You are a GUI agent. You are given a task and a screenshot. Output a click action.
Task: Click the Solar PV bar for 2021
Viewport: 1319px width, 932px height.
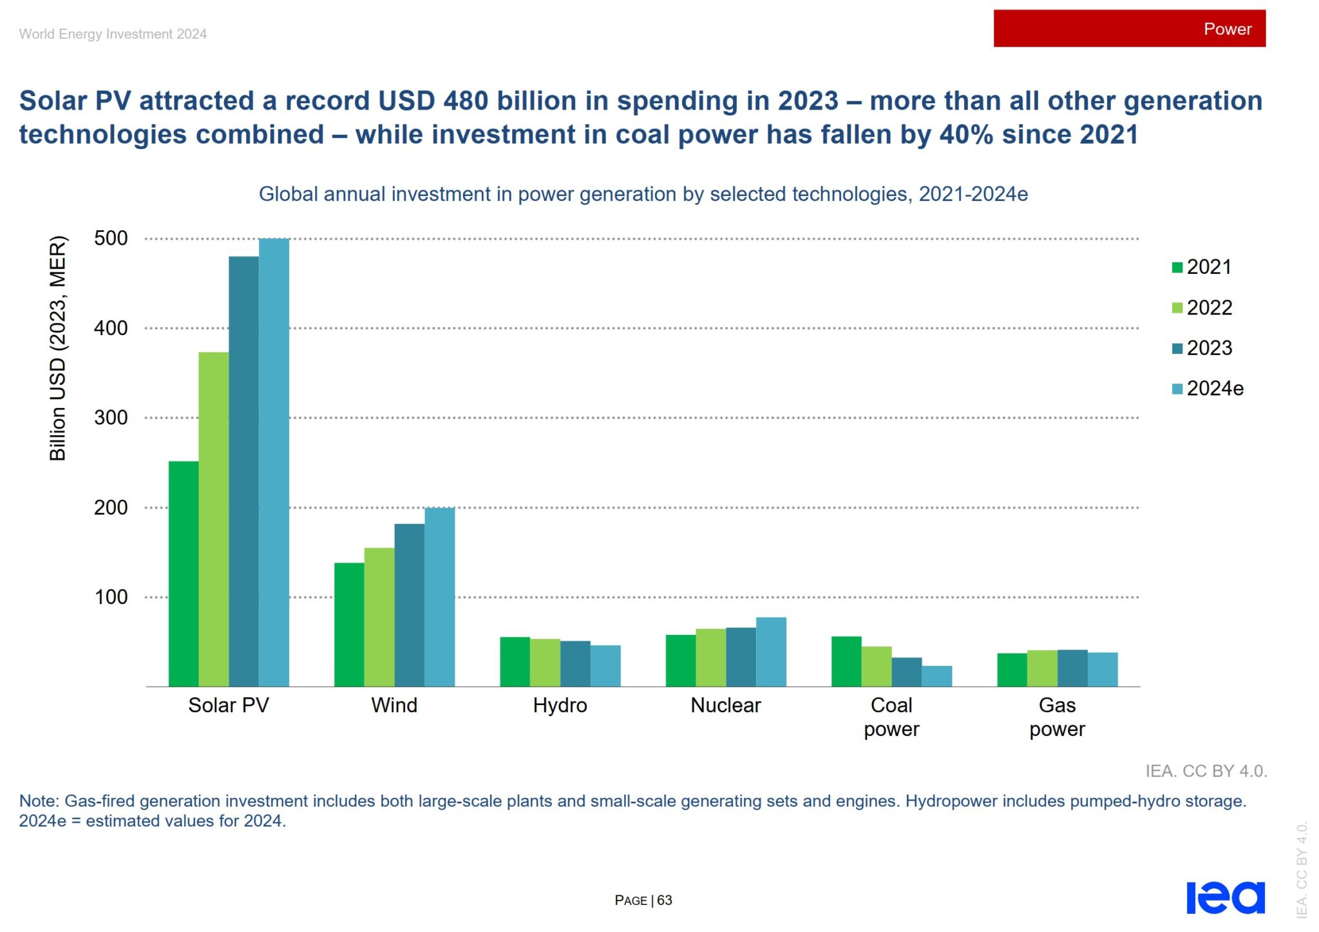pyautogui.click(x=184, y=574)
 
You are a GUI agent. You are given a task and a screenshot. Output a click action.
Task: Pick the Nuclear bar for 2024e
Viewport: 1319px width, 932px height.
pyautogui.click(x=771, y=652)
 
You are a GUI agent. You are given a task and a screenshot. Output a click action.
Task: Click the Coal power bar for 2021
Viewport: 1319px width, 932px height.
pyautogui.click(x=846, y=661)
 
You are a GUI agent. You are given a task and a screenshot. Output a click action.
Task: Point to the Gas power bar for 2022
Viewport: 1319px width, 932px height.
pyautogui.click(x=1042, y=668)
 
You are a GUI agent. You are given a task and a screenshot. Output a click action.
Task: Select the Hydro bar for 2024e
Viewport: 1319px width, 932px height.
pyautogui.click(x=605, y=666)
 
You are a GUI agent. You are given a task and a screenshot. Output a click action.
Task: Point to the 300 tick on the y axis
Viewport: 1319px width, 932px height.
pyautogui.click(x=111, y=418)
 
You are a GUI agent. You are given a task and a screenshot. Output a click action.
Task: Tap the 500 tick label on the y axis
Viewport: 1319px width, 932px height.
pyautogui.click(x=111, y=238)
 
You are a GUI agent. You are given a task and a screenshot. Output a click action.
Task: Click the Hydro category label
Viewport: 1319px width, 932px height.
pyautogui.click(x=560, y=705)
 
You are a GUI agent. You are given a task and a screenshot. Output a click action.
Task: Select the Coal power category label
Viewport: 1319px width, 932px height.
pyautogui.click(x=891, y=717)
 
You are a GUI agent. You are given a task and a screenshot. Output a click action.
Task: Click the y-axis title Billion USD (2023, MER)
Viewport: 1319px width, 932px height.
pyautogui.click(x=58, y=348)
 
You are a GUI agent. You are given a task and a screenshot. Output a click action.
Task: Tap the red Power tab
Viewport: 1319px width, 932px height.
pyautogui.click(x=1129, y=28)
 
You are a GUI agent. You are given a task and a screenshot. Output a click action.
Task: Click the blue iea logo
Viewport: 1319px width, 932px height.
pyautogui.click(x=1225, y=897)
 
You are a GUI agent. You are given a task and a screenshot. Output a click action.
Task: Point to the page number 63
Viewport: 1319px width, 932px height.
pyautogui.click(x=664, y=900)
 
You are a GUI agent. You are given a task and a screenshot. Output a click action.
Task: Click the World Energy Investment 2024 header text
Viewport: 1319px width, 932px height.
pyautogui.click(x=113, y=34)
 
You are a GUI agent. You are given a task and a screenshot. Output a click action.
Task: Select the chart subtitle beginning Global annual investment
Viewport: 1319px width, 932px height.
pyautogui.click(x=643, y=194)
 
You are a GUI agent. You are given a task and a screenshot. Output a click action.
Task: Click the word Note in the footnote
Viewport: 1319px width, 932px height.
pyautogui.click(x=39, y=801)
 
